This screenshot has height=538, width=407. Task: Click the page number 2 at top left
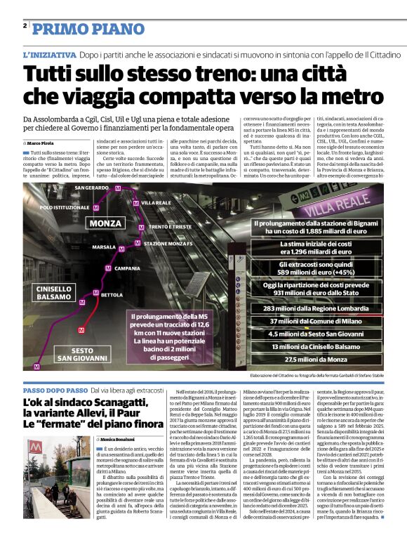(x=25, y=26)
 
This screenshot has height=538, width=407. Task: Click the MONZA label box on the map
(x=105, y=223)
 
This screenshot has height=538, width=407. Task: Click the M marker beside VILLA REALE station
(x=136, y=202)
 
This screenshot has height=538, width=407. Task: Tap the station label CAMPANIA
(x=127, y=268)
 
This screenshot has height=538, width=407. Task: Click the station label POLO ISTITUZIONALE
(x=65, y=208)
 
